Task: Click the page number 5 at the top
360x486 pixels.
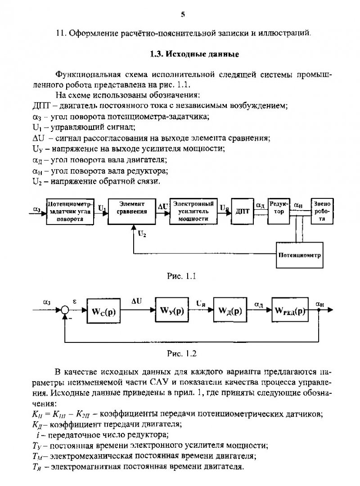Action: tap(183, 14)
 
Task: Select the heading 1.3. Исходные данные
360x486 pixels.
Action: tap(194, 54)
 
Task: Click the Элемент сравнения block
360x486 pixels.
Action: tap(132, 211)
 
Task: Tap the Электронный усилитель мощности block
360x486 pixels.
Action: tap(193, 211)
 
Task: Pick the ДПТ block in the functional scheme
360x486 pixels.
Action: tap(243, 211)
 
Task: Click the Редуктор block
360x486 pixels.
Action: tap(279, 211)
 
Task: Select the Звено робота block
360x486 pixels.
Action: tap(322, 211)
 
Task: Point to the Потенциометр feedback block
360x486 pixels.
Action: tap(300, 255)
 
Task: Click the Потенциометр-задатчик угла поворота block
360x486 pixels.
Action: tap(70, 211)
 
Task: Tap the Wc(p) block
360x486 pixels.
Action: tap(103, 310)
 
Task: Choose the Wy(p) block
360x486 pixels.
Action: tap(172, 310)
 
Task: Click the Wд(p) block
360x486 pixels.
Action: tap(230, 310)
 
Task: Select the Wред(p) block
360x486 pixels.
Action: tap(290, 310)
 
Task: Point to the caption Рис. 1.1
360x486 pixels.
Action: tap(181, 276)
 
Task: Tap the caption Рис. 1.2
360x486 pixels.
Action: tap(182, 353)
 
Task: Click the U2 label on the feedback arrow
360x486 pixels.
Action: tap(142, 234)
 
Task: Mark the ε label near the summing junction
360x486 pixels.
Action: tap(74, 301)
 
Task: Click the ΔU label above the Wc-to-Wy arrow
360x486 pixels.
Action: tap(136, 301)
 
